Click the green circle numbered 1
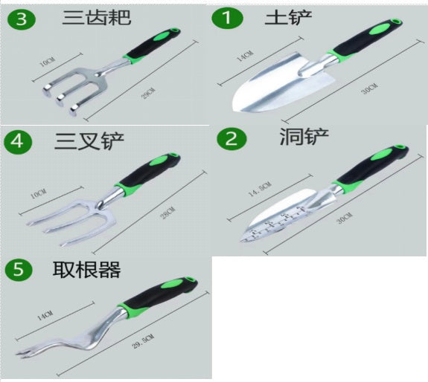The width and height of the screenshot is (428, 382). pyautogui.click(x=227, y=18)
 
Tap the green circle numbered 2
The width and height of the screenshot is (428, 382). pyautogui.click(x=231, y=139)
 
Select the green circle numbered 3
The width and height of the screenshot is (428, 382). pyautogui.click(x=22, y=19)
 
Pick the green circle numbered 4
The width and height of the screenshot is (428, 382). pyautogui.click(x=18, y=142)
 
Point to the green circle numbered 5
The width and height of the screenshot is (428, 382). pyautogui.click(x=19, y=270)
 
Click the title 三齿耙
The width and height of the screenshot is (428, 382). pyautogui.click(x=97, y=18)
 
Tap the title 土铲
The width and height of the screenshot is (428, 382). pyautogui.click(x=288, y=18)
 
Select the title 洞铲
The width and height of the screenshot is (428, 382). pyautogui.click(x=304, y=136)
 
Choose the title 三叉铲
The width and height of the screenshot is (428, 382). pyautogui.click(x=89, y=141)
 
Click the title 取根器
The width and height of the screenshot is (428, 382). pyautogui.click(x=86, y=270)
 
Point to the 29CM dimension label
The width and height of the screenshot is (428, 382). pyautogui.click(x=148, y=93)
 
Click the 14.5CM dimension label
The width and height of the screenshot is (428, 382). pyautogui.click(x=260, y=189)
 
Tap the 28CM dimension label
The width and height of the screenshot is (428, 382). pyautogui.click(x=167, y=213)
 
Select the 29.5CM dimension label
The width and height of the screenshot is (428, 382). pyautogui.click(x=143, y=342)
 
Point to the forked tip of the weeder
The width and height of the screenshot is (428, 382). pyautogui.click(x=23, y=353)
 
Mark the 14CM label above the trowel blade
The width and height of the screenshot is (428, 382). pyautogui.click(x=245, y=56)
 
